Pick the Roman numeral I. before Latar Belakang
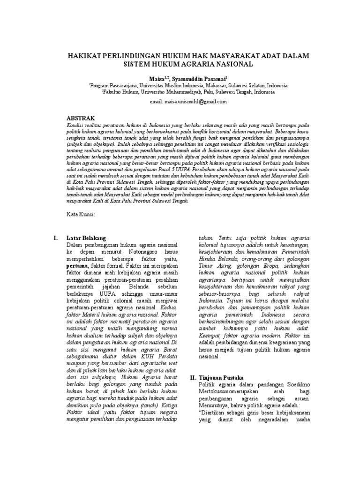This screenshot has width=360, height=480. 56,238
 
